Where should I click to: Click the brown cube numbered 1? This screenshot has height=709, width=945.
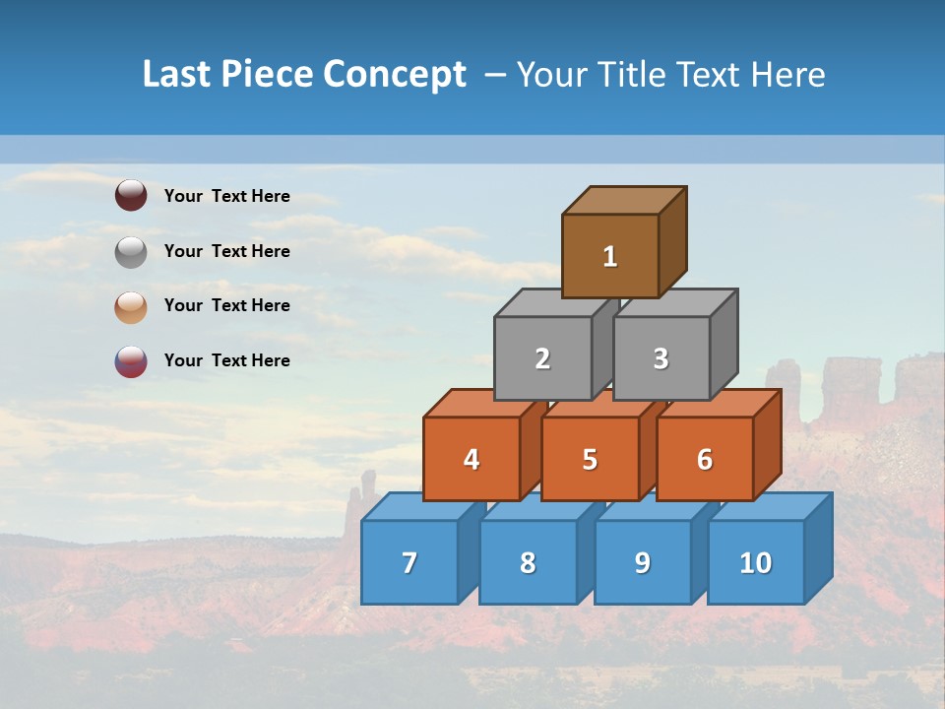pos(610,256)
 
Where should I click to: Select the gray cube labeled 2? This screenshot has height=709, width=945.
pos(542,358)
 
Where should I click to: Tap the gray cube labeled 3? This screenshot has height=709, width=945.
pos(661,358)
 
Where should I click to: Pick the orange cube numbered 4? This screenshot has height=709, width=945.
pos(472,459)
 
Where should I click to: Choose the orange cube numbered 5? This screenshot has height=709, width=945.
pos(590,459)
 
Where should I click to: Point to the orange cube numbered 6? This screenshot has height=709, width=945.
pos(704,459)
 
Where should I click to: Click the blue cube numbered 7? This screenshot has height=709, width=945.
pos(409,562)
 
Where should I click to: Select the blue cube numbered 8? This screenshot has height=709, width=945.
pos(528,562)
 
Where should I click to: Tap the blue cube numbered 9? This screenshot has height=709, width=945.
pos(642,562)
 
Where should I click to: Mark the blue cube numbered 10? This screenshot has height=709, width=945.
pos(755,562)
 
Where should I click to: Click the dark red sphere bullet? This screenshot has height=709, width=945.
pos(131,195)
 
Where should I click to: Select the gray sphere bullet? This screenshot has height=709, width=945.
pos(131,251)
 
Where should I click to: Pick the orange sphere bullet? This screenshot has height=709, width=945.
pos(131,306)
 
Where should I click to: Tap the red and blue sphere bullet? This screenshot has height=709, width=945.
pos(131,361)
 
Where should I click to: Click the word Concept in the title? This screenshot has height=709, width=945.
pos(395,75)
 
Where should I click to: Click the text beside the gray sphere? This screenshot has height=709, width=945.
pos(226,251)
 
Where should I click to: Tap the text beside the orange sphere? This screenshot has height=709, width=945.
pos(226,305)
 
